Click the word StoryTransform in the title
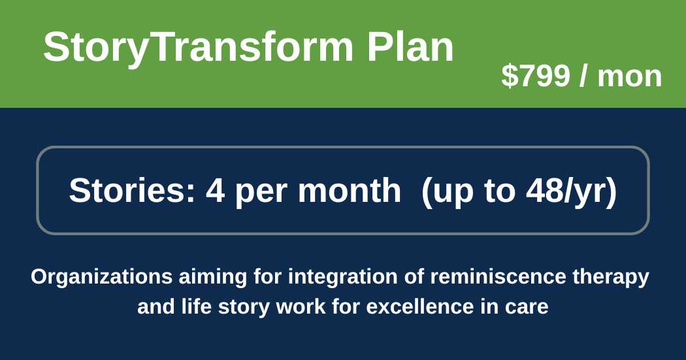[198, 48]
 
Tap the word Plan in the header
[410, 47]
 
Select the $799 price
[536, 76]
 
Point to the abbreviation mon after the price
[630, 78]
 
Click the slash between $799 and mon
[583, 76]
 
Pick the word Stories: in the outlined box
[132, 191]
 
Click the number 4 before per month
[215, 191]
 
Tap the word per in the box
[261, 194]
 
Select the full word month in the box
[350, 191]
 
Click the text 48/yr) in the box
[572, 191]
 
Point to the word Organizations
[101, 277]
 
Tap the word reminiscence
[498, 277]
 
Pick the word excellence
[420, 306]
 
